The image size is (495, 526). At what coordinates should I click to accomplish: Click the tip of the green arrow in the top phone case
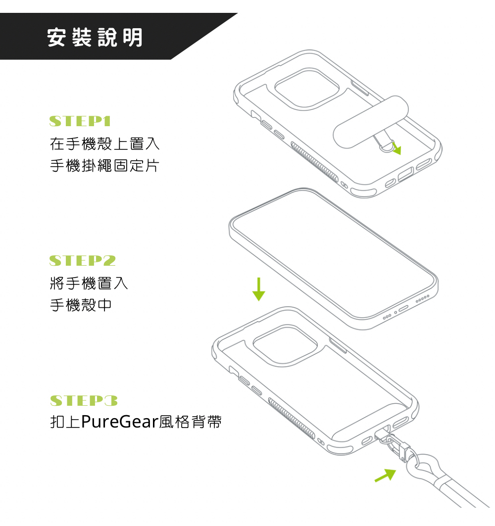click(x=400, y=155)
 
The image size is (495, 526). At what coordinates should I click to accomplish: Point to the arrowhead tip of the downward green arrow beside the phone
click(x=258, y=301)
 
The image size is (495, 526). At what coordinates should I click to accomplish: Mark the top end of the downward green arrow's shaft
click(x=258, y=278)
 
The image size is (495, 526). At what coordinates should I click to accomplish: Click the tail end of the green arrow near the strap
click(x=375, y=482)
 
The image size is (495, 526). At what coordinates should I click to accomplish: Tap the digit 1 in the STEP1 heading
click(x=107, y=121)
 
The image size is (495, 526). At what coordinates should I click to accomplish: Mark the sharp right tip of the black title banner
click(x=238, y=13)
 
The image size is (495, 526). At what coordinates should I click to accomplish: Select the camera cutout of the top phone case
click(x=307, y=89)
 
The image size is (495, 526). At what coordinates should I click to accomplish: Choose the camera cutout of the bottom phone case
click(x=285, y=345)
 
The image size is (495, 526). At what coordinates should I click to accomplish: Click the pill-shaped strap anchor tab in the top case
click(x=370, y=122)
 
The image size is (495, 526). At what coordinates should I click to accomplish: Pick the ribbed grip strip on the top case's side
click(x=314, y=162)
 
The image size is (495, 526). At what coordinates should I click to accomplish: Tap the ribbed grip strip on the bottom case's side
click(x=292, y=419)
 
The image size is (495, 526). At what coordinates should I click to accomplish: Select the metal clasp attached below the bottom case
click(x=396, y=446)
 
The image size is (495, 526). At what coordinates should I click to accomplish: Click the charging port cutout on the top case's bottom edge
click(x=405, y=174)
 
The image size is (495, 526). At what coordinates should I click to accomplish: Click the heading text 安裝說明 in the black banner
click(x=95, y=37)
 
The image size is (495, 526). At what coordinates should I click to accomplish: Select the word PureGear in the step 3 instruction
click(x=119, y=422)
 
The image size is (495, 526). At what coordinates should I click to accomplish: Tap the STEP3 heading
click(x=84, y=400)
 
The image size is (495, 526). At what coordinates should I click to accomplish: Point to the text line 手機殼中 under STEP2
click(x=81, y=305)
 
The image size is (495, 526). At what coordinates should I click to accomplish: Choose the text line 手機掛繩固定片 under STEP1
click(x=104, y=165)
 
